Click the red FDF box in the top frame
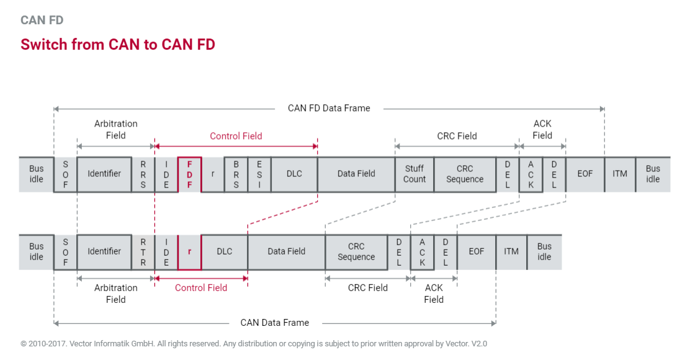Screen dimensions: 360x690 pos(190,174)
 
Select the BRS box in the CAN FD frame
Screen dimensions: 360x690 pos(236,174)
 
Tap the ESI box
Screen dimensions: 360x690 pos(259,174)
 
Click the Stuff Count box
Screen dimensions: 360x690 pos(414,174)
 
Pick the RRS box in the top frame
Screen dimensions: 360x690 pos(143,174)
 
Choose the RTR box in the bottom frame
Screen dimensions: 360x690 pos(143,251)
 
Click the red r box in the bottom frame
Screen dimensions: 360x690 pos(189,251)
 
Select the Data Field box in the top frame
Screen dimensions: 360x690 pos(356,174)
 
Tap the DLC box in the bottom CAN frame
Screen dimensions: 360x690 pos(225,251)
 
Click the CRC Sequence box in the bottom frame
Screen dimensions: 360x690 pos(356,251)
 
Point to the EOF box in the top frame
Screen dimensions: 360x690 pos(585,174)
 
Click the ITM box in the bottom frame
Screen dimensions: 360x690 pos(511,251)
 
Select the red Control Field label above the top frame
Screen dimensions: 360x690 pos(236,136)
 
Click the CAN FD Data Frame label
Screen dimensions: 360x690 pos(329,108)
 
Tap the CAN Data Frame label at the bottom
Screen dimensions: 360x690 pos(274,323)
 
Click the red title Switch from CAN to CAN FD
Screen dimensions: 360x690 pos(118,45)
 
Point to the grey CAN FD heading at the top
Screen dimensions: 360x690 pos(42,20)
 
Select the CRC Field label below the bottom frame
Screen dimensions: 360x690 pos(367,287)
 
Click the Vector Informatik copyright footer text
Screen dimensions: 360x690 pos(254,343)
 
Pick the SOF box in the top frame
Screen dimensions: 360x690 pos(66,174)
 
